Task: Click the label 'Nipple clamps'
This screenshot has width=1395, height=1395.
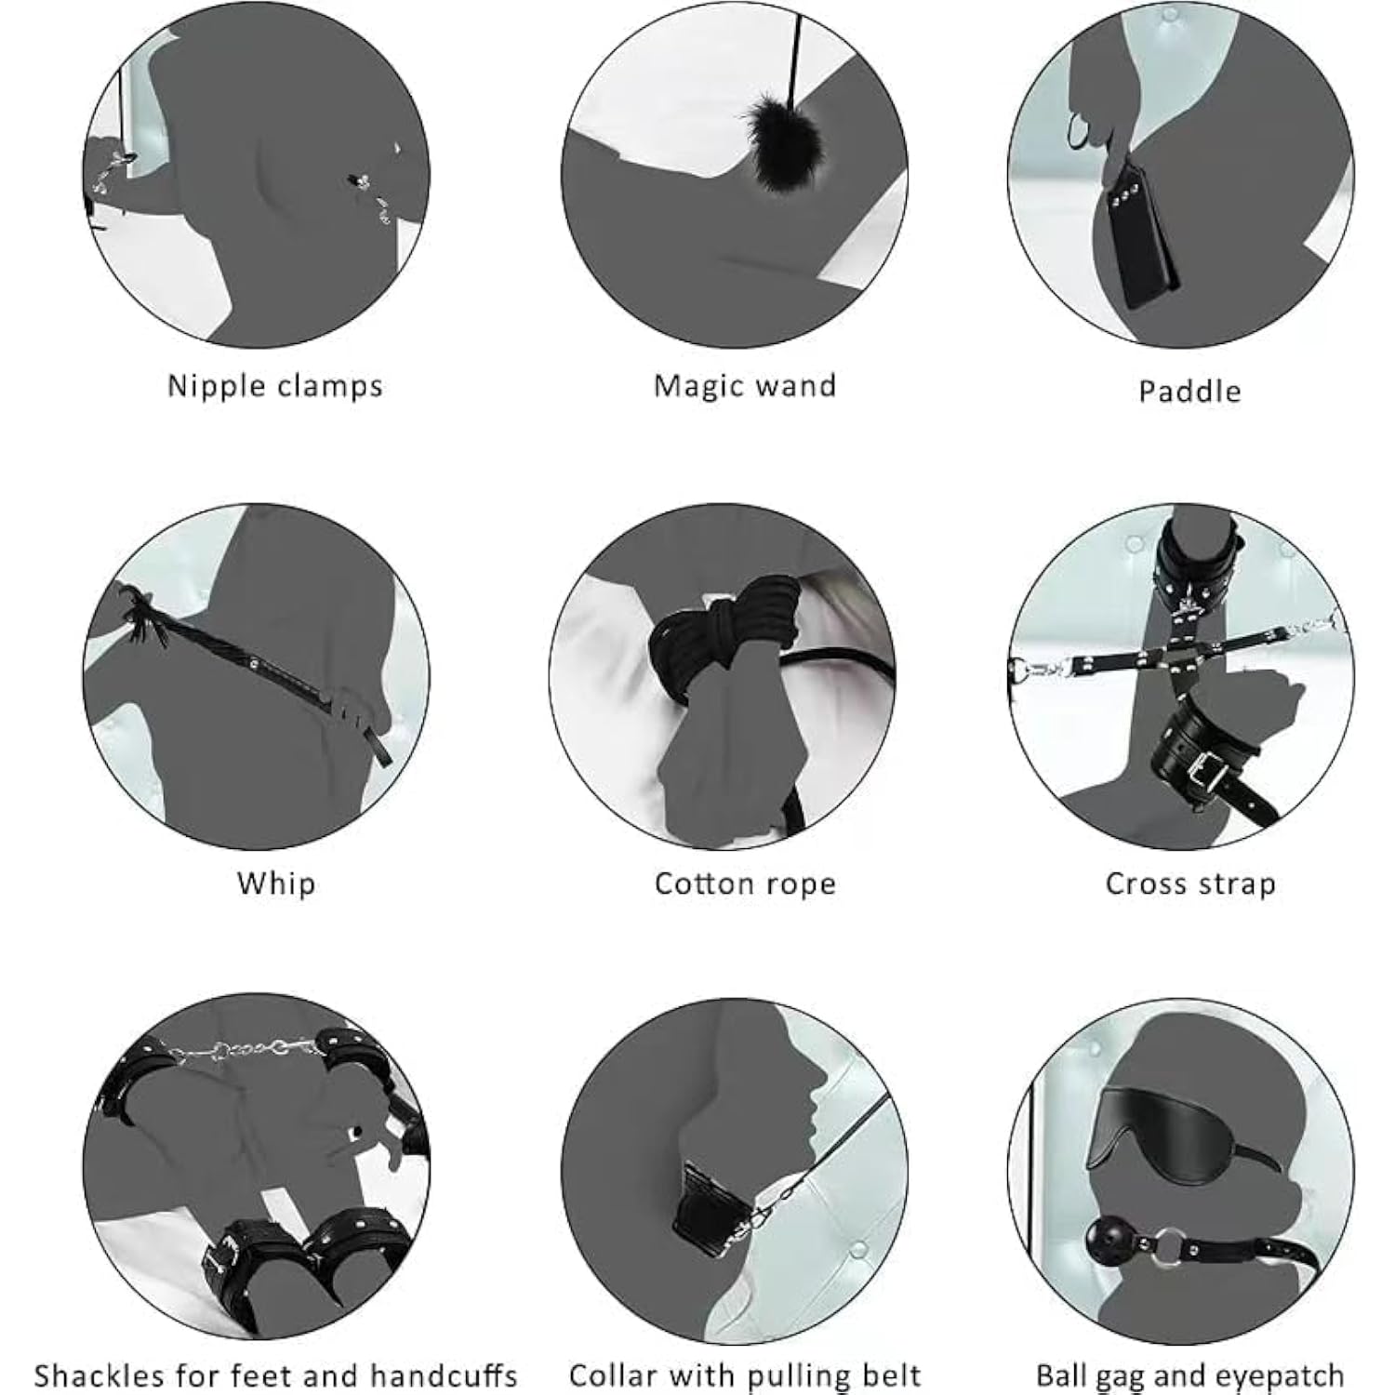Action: pos(274,386)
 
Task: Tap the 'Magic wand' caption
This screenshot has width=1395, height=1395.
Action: pos(745,385)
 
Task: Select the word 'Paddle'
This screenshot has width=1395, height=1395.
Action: pos(1189,390)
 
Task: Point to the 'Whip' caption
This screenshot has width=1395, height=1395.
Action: pos(276,883)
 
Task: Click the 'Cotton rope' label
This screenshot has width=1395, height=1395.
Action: pos(745,883)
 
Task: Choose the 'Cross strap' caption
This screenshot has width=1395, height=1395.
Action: pos(1189,883)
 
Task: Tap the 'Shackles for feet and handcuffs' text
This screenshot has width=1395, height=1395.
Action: pos(275,1375)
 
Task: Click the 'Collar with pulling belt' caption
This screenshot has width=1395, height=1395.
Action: pos(745,1375)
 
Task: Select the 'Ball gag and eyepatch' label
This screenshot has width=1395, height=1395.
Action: pos(1189,1375)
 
